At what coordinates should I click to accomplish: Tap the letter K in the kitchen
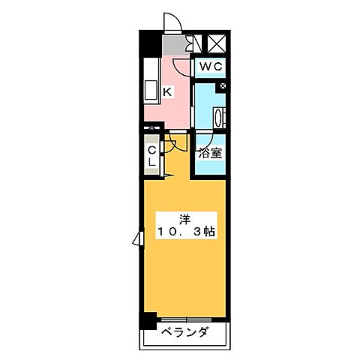pyautogui.click(x=168, y=91)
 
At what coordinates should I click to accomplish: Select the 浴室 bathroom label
pyautogui.click(x=210, y=154)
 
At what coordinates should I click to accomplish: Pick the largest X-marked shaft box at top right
pyautogui.click(x=217, y=43)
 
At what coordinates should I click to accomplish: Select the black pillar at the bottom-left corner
pyautogui.click(x=149, y=319)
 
